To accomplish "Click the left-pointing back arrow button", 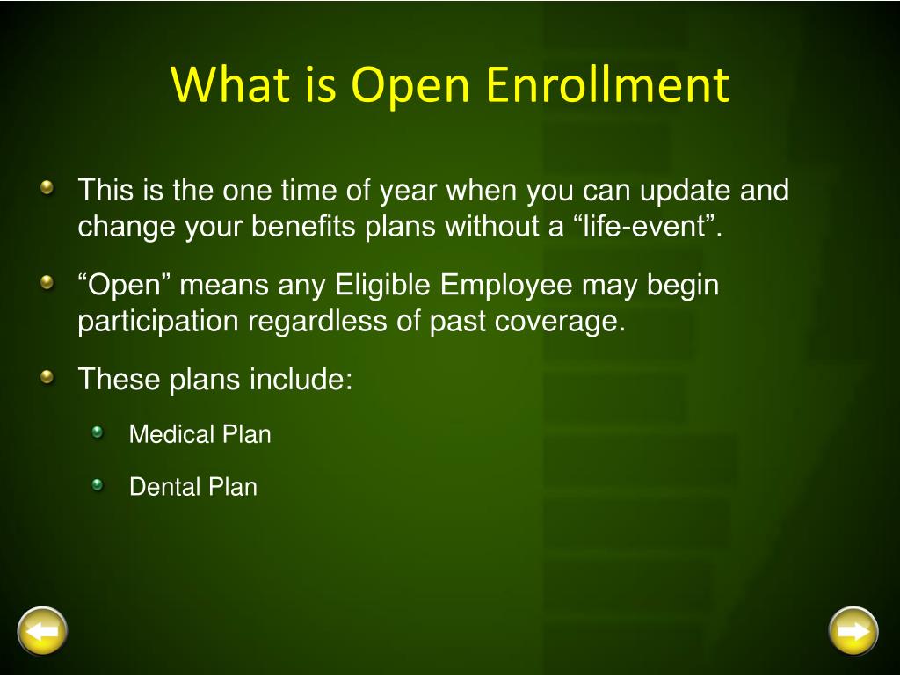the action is click(42, 631).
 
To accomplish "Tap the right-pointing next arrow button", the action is click(853, 631).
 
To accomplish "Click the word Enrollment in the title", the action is click(608, 84).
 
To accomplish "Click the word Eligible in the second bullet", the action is click(382, 286).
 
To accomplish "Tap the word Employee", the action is click(507, 286).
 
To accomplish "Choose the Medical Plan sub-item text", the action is click(200, 434).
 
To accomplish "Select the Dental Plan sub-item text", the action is click(192, 487).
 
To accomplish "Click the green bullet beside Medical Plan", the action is click(97, 432).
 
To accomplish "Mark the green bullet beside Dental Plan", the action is click(97, 485).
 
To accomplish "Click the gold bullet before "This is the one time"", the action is click(47, 187).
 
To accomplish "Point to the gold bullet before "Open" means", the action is click(47, 282).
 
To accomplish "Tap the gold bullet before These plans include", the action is click(47, 376).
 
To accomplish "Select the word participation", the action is click(158, 322).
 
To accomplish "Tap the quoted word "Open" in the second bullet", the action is click(124, 286).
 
